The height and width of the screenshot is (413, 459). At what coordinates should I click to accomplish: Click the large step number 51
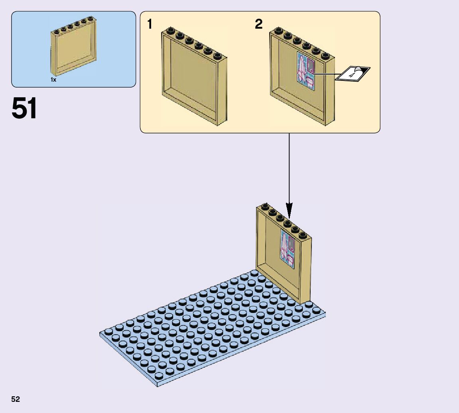(24, 109)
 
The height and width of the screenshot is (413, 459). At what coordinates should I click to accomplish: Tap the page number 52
(16, 399)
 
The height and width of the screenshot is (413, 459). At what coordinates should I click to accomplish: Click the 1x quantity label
(53, 80)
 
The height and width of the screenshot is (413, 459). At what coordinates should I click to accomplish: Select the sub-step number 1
(150, 24)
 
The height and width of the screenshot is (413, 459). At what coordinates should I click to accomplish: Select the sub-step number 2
(259, 24)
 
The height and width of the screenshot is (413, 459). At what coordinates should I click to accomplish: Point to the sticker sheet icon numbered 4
(353, 74)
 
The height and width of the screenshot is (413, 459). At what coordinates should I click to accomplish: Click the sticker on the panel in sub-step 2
(306, 71)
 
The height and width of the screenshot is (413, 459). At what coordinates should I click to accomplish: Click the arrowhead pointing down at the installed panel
(289, 209)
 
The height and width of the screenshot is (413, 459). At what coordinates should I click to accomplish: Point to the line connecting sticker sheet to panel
(325, 74)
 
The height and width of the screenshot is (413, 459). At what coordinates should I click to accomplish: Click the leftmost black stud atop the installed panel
(264, 207)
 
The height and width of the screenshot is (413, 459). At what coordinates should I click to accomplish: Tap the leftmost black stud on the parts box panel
(57, 31)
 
